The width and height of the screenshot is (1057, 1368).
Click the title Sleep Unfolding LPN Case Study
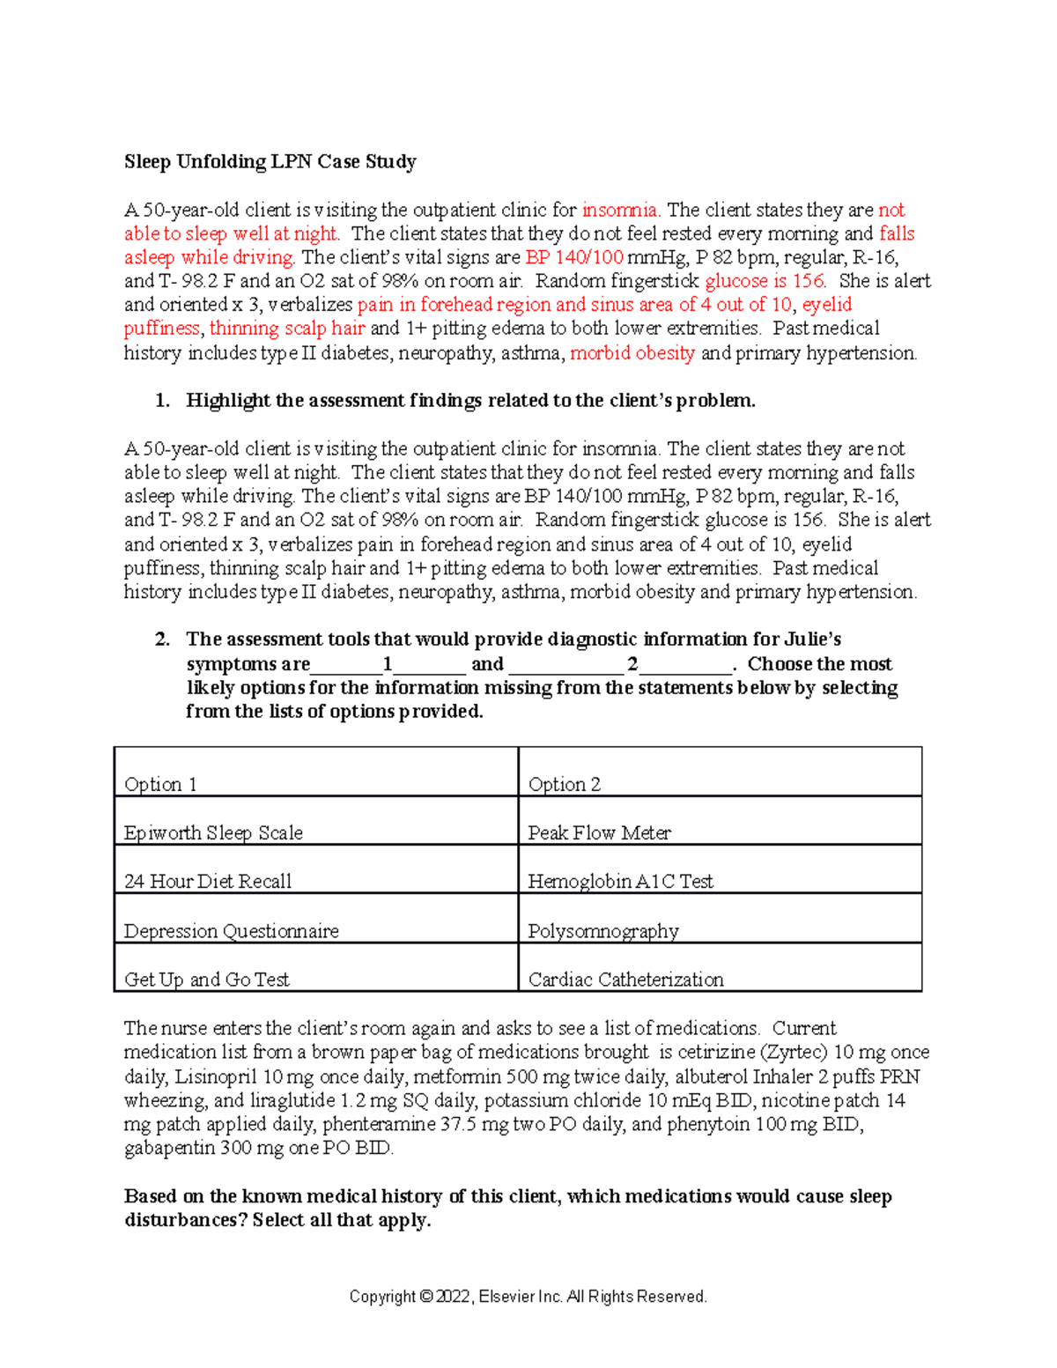(270, 162)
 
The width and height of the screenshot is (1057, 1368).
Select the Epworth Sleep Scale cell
(213, 832)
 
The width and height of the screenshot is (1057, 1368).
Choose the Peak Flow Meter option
(599, 832)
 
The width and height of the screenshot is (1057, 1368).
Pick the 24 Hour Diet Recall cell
(208, 881)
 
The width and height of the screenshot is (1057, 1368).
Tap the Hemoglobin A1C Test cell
(620, 881)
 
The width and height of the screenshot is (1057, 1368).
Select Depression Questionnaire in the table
(231, 931)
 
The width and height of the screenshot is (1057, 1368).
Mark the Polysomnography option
(603, 931)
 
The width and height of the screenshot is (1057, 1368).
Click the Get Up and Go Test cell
(206, 980)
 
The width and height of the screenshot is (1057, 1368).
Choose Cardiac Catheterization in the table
(625, 980)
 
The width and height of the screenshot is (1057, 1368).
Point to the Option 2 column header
(564, 784)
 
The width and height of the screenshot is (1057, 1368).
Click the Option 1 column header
(160, 784)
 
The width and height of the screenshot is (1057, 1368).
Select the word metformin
(448, 1076)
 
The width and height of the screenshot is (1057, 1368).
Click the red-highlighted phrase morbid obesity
(632, 353)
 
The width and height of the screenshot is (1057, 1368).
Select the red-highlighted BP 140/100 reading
(573, 257)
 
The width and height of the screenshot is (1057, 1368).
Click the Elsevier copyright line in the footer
(528, 1297)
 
